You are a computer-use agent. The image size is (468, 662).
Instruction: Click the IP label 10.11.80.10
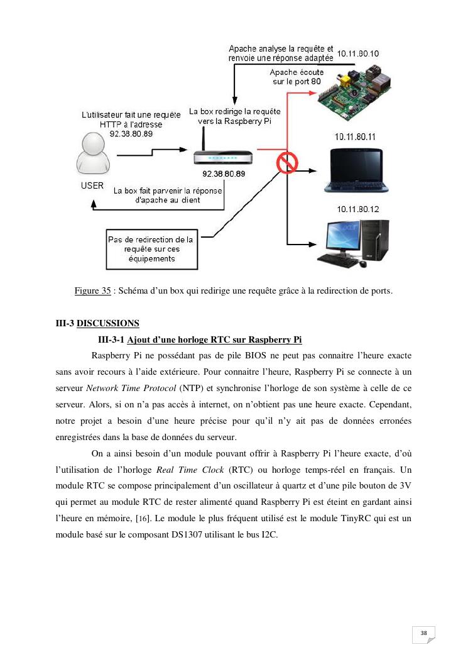[358, 54]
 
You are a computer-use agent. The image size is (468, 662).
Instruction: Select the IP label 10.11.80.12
[358, 209]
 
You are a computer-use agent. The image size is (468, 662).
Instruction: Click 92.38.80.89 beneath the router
[224, 174]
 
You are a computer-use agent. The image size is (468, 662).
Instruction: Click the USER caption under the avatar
[92, 186]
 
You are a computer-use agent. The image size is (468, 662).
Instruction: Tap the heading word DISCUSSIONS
[107, 323]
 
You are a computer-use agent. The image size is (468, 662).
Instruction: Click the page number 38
[423, 632]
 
